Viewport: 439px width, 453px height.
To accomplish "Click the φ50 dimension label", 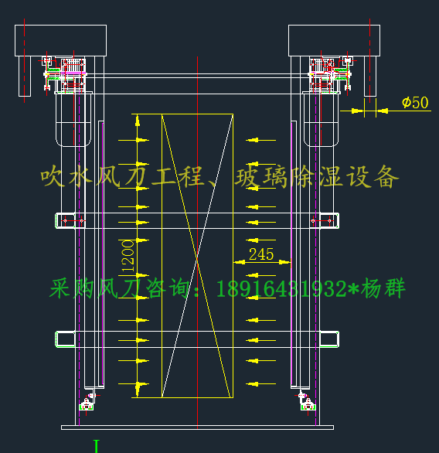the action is tap(415, 103).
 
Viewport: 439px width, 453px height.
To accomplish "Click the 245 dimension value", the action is tap(261, 254).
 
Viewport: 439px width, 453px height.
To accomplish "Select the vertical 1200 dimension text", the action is tap(128, 256).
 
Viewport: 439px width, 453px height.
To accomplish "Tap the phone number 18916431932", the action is tap(281, 288).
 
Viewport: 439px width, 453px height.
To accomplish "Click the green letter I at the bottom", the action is tap(97, 446).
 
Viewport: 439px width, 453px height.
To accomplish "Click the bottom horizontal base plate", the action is tap(197, 427).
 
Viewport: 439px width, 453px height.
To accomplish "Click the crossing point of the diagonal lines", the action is tap(197, 256).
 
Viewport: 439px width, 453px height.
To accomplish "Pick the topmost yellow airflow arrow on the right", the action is tap(260, 140).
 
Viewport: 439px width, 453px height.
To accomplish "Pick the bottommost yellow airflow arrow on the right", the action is tap(260, 384).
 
